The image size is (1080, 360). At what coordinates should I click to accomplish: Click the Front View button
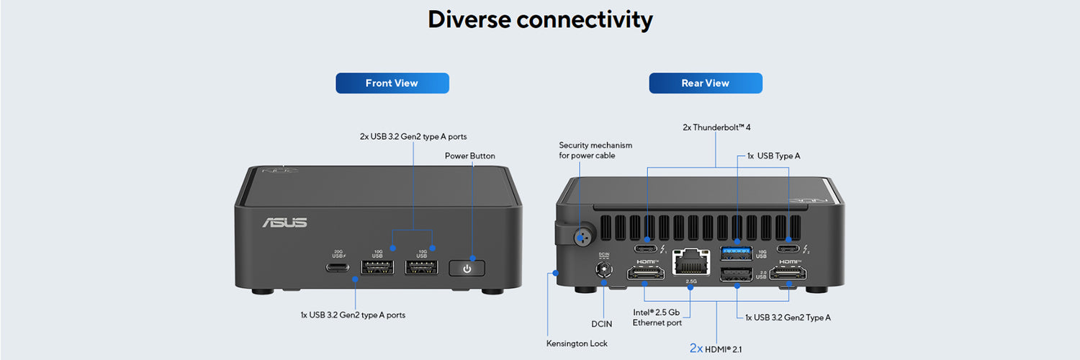coord(392,83)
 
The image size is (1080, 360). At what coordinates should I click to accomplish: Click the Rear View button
coord(705,83)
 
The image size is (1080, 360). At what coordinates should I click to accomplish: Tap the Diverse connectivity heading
coord(540,19)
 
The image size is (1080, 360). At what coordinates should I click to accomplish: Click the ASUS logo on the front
coord(284,223)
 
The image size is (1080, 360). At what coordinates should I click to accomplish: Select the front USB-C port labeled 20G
coord(338,268)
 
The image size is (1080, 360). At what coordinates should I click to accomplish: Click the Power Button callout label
coord(469,156)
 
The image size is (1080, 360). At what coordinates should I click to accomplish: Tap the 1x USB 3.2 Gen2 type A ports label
coord(353,315)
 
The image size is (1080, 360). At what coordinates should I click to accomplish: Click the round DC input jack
coord(603,271)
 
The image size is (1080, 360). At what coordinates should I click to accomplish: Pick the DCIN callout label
coord(602,324)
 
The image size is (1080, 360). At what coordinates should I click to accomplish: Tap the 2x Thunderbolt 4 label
coord(716,127)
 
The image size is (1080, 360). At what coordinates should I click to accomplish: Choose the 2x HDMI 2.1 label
coord(716,348)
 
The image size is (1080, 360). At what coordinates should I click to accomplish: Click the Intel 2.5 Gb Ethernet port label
coord(656,318)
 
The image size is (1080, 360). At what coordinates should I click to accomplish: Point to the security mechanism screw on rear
coord(582,235)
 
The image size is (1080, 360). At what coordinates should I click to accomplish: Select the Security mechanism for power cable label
coord(595,150)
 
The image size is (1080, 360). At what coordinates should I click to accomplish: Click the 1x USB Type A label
coord(773,156)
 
